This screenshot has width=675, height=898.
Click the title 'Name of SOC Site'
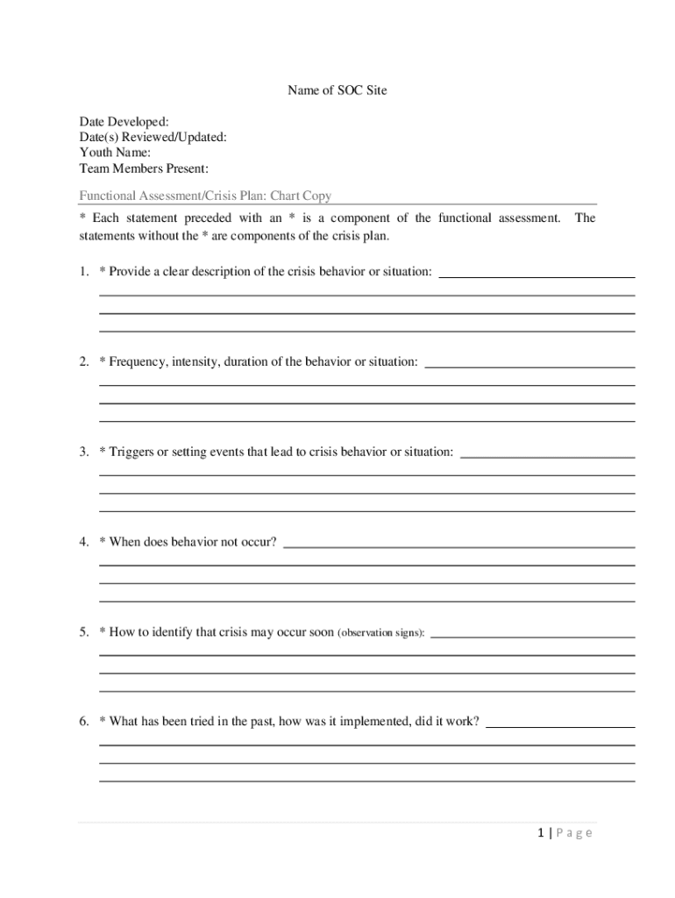(x=337, y=90)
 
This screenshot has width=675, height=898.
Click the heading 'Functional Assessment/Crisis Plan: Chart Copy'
(x=205, y=196)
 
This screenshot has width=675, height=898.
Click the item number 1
(x=82, y=272)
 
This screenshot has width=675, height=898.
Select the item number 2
(x=82, y=361)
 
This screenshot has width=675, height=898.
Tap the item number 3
(x=82, y=452)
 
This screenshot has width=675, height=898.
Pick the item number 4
(x=82, y=542)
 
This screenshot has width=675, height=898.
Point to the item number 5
(x=82, y=631)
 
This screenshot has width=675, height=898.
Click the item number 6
(x=82, y=722)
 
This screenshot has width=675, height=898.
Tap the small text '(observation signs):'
(x=381, y=632)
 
